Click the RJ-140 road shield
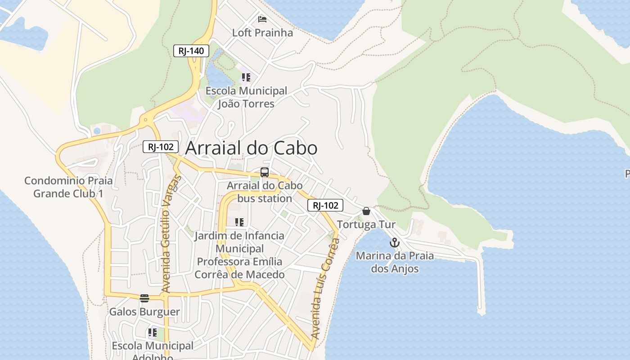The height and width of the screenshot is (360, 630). coord(191,51)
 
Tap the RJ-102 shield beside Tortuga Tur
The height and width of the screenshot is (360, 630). coord(325,206)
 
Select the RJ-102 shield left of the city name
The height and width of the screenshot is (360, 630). coord(161,147)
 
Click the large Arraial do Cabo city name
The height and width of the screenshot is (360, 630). coord(251,148)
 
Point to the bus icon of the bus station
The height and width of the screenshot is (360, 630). coord(265,172)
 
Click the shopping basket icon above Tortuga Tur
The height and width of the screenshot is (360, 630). coord(366,211)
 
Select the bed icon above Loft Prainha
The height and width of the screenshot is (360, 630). coord(262,19)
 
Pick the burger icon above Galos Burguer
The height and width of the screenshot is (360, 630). coord(144,298)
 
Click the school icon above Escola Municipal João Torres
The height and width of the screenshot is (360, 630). coord(246,77)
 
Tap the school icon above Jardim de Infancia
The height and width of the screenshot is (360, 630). coord(239,222)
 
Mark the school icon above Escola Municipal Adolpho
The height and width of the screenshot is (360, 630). coord(153,333)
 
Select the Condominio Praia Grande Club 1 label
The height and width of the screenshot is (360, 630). coord(68,187)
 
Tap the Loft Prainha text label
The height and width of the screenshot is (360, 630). coord(262,33)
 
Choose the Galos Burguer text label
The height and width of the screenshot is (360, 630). coord(144,312)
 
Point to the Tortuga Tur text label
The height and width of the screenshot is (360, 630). coord(366,225)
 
